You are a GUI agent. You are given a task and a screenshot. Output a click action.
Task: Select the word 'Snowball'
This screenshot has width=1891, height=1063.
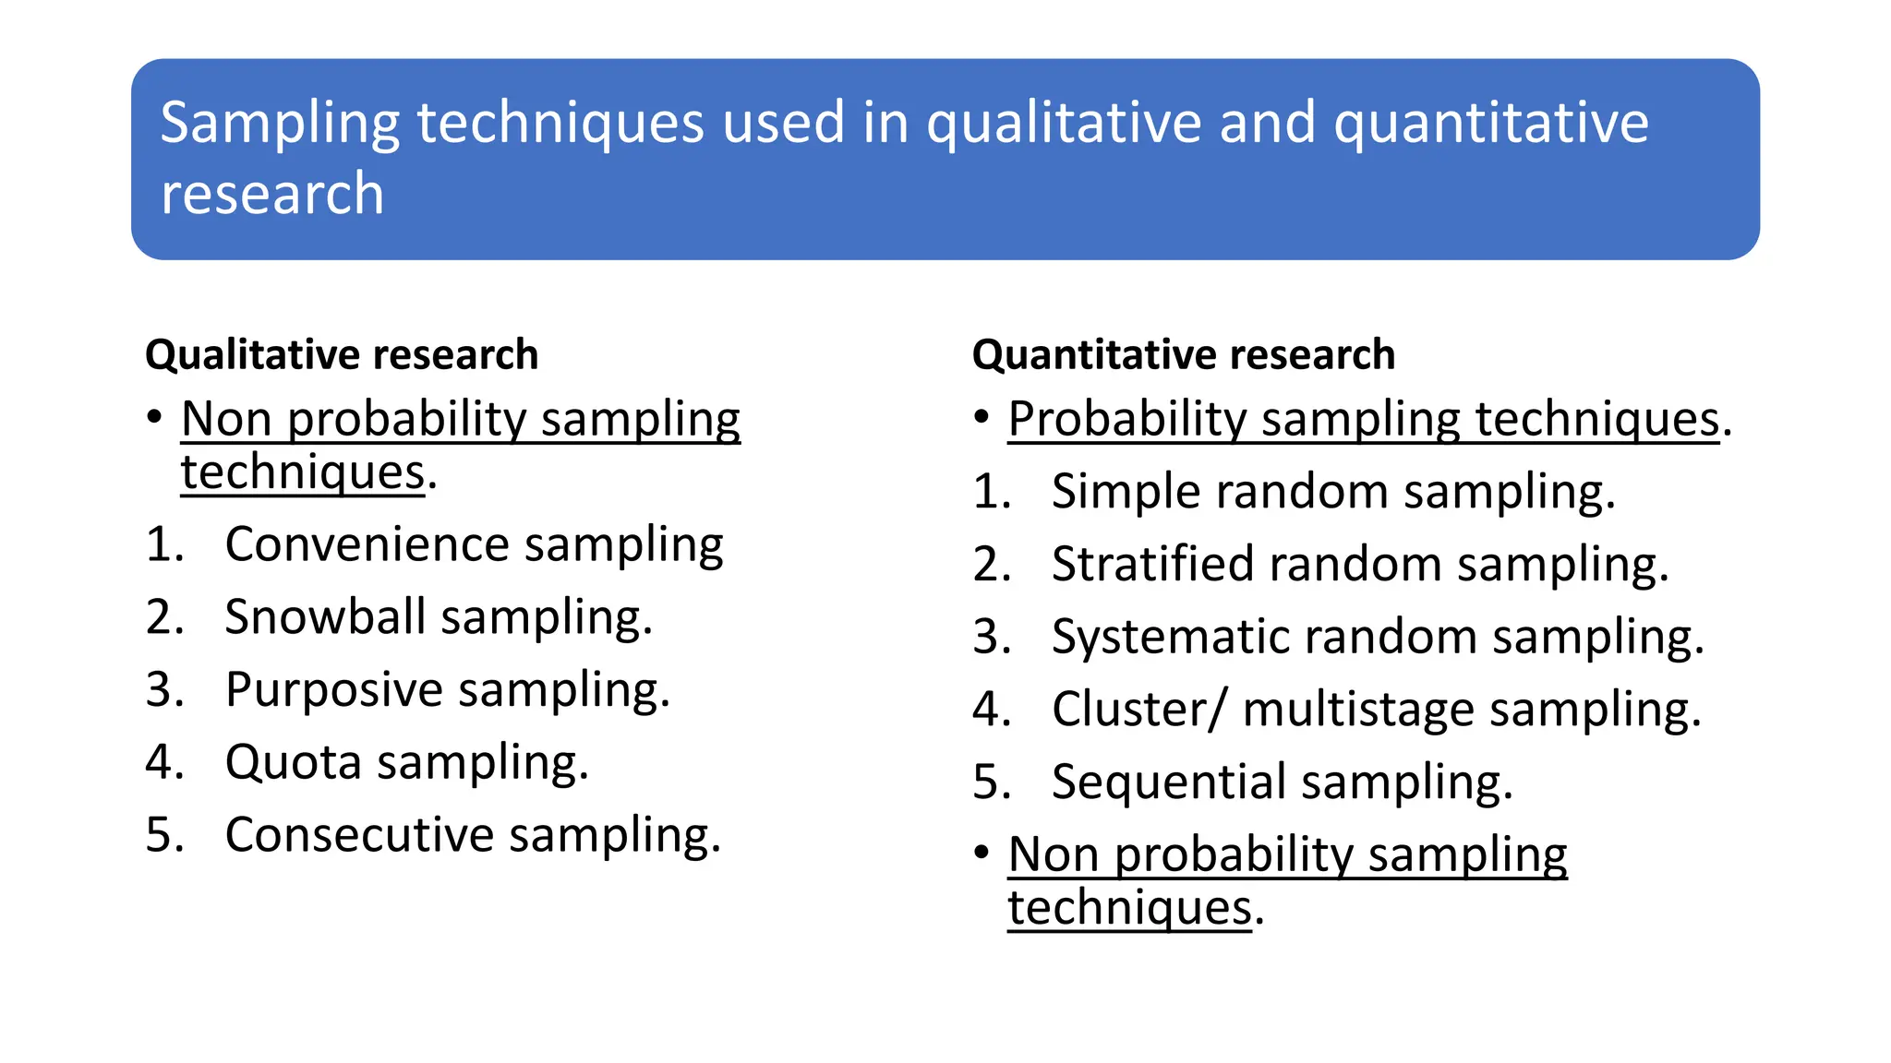(325, 616)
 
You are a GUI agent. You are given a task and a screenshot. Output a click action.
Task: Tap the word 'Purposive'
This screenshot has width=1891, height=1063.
(334, 690)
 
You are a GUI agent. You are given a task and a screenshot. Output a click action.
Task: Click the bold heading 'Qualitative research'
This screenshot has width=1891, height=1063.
(342, 354)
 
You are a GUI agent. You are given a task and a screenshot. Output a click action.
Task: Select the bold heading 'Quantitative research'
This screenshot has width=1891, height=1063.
(1183, 354)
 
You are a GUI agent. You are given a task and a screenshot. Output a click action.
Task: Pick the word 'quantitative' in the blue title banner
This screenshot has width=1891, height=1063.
(1490, 123)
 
